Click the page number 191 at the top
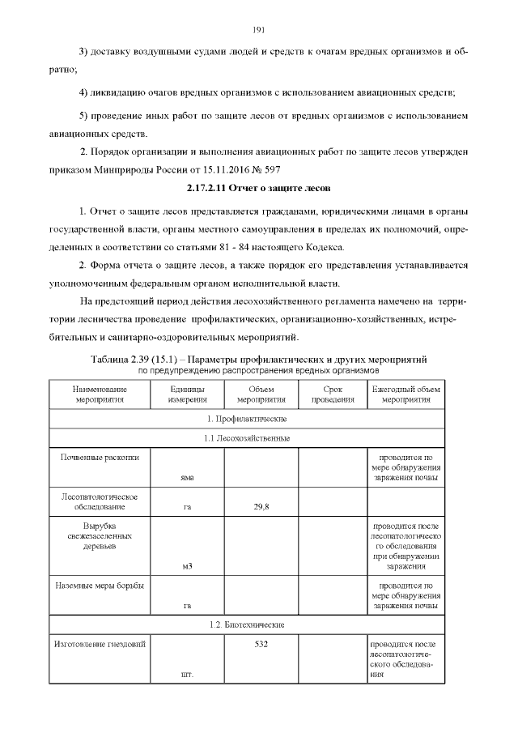pyautogui.click(x=259, y=30)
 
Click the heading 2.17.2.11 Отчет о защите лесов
pyautogui.click(x=259, y=188)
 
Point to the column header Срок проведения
pyautogui.click(x=333, y=394)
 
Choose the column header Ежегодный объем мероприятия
pyautogui.click(x=406, y=394)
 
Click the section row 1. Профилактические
pyautogui.click(x=247, y=419)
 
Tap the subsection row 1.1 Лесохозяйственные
pyautogui.click(x=247, y=438)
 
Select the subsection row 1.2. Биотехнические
pyautogui.click(x=247, y=625)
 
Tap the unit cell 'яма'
pyautogui.click(x=187, y=477)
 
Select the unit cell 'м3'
pyautogui.click(x=187, y=566)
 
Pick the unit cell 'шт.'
pyautogui.click(x=187, y=675)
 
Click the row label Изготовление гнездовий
pyautogui.click(x=100, y=645)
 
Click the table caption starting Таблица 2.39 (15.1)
pyautogui.click(x=259, y=357)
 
